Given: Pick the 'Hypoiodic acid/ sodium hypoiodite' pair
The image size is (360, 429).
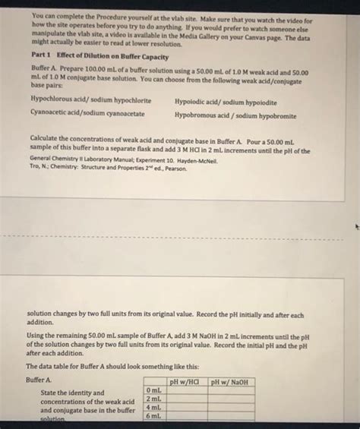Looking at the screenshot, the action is click(x=226, y=100).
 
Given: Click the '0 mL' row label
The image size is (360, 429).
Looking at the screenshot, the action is click(x=151, y=390).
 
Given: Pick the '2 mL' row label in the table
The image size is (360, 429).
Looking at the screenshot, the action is click(x=151, y=399).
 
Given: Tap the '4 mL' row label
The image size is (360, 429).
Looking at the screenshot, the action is click(x=151, y=408).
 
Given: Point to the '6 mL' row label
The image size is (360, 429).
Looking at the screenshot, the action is click(x=151, y=417).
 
